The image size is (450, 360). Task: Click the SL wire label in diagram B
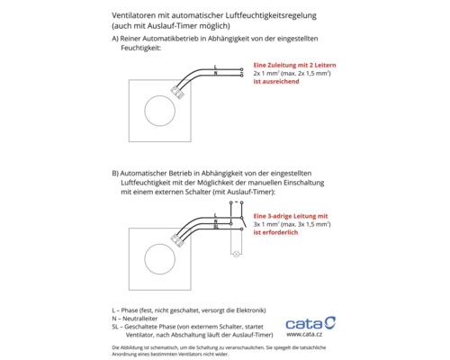pyautogui.click(x=216, y=226)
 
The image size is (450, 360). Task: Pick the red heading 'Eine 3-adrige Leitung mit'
pyautogui.click(x=291, y=215)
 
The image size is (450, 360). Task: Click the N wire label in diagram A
pyautogui.click(x=216, y=73)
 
